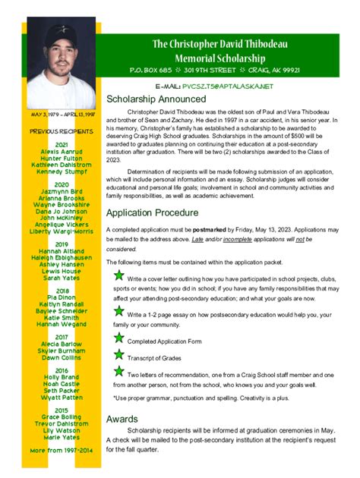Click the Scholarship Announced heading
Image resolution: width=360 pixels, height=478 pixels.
pos(156,99)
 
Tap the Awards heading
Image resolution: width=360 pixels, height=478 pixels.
pos(122,419)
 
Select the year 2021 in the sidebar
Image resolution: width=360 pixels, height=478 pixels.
pos(62,144)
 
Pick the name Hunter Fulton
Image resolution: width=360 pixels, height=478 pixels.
pos(62,159)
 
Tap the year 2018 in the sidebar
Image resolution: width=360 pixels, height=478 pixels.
pos(62,291)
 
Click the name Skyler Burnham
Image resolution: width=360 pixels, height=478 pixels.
pos(62,351)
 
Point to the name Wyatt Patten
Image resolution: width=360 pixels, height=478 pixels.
pos(62,397)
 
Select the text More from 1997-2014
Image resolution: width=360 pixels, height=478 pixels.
pos(62,451)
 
